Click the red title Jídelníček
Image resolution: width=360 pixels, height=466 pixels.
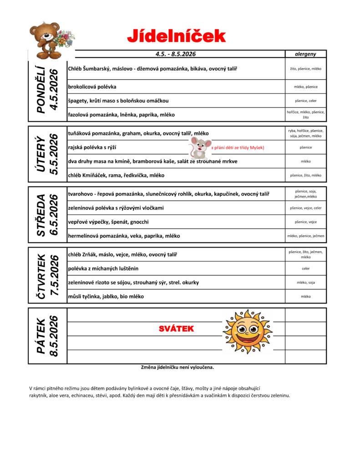[176, 35]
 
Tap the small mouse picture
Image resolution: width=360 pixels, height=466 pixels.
[199, 147]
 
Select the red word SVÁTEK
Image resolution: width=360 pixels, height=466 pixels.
[176, 329]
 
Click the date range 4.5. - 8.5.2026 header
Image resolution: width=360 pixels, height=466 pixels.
[175, 54]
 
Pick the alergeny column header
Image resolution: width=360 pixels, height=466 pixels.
[305, 54]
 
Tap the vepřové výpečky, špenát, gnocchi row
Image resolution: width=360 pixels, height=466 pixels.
[108, 222]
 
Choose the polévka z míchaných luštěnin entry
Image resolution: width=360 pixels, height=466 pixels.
[103, 268]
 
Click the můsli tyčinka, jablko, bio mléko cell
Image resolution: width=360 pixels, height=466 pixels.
[106, 296]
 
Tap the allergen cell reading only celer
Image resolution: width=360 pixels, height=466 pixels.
[305, 268]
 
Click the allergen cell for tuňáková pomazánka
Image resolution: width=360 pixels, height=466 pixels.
[305, 133]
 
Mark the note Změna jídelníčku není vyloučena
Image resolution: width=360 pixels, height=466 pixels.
[177, 367]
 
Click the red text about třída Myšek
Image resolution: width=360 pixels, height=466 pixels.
[238, 147]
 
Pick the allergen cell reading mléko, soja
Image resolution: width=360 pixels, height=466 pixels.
[305, 283]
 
